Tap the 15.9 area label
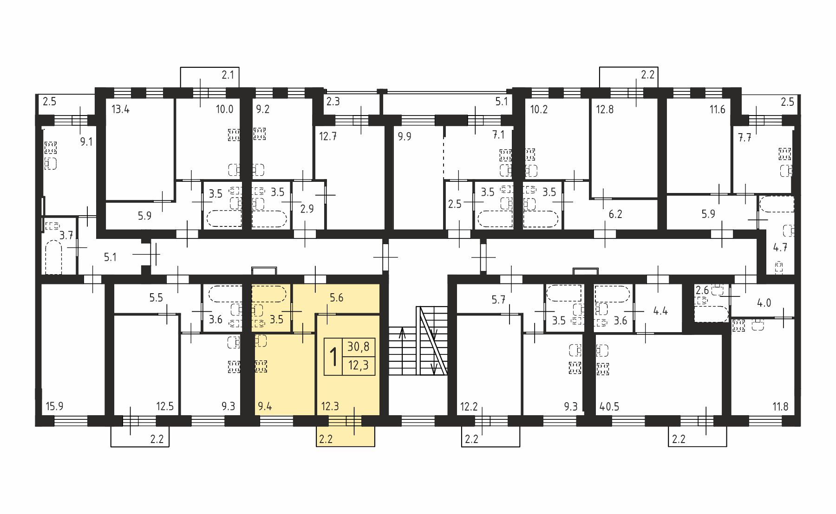coord(55,407)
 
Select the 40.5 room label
coord(609,407)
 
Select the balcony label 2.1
coord(228,74)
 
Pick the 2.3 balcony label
coord(333,101)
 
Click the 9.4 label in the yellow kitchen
coord(265,407)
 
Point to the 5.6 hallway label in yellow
coord(336,297)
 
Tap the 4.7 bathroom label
coord(780,247)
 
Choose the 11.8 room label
coord(780,407)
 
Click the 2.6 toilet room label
coord(702,290)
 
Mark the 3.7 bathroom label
coord(66,235)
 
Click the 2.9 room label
coord(307,209)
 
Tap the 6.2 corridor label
coord(615,214)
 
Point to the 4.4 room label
coord(660,311)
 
